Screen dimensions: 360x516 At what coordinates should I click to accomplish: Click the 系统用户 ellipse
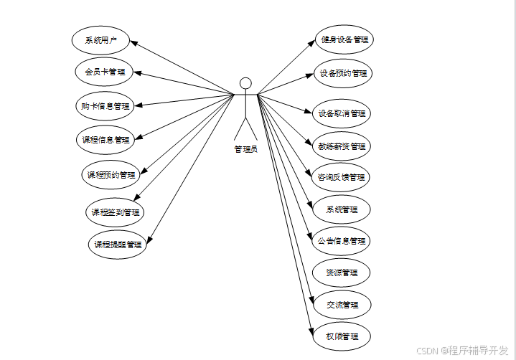tap(100, 39)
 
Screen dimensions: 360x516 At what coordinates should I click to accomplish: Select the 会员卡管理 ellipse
tap(105, 72)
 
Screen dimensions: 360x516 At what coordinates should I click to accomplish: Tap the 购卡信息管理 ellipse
tap(105, 106)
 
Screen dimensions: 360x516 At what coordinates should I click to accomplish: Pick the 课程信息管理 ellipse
tap(105, 140)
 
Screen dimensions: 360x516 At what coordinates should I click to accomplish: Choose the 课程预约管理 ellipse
tap(111, 175)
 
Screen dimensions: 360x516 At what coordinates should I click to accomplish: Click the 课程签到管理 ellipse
tap(115, 212)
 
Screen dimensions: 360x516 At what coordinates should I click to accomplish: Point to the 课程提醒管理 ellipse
tap(118, 245)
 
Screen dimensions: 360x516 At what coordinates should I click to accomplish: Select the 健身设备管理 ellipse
tap(345, 40)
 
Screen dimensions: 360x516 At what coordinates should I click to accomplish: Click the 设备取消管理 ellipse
tap(342, 113)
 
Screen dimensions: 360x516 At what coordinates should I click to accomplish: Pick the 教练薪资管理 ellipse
tap(342, 146)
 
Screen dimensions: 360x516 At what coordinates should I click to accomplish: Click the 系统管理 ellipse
tap(342, 210)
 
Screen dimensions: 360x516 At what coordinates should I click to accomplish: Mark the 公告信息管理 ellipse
tap(342, 241)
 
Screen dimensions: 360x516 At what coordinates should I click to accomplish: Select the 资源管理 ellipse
tap(342, 273)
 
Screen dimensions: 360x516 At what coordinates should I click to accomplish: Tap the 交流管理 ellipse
tap(342, 305)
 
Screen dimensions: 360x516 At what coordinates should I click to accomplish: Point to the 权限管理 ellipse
tap(342, 336)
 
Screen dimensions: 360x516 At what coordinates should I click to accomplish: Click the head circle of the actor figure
tap(245, 82)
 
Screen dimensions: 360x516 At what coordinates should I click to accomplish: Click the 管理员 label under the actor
tap(245, 150)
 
